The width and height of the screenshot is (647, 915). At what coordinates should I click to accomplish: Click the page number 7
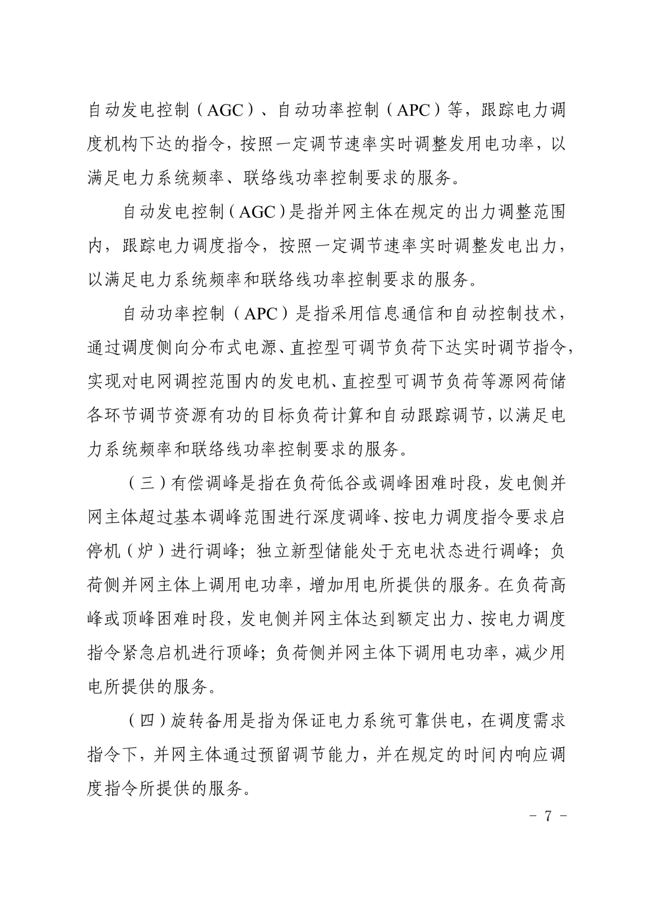(x=547, y=816)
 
